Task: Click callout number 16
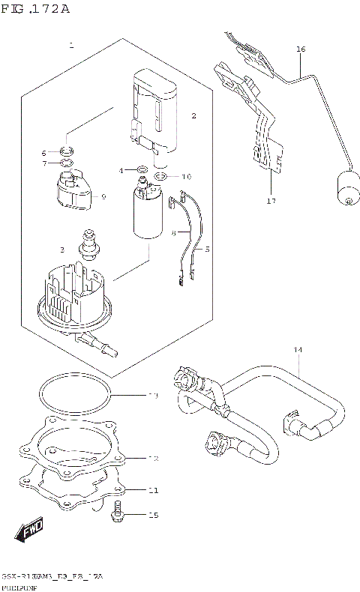(x=301, y=50)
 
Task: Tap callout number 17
(x=271, y=201)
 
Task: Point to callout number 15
(x=153, y=516)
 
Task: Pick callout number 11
(x=152, y=491)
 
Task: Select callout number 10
(x=186, y=177)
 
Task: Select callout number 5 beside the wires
(x=208, y=248)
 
